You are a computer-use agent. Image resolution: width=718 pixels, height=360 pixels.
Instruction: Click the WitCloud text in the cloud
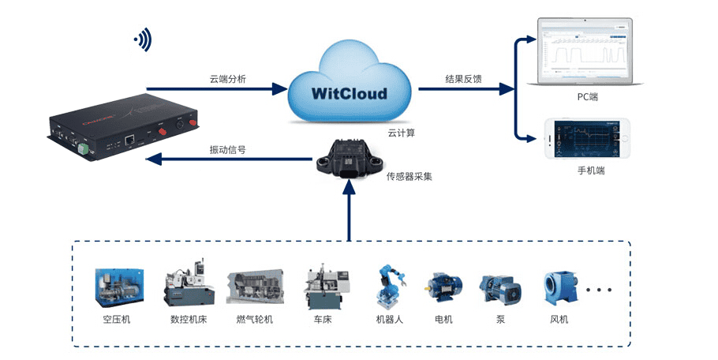point(349,94)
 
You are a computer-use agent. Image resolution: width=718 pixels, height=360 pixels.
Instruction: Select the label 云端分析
point(227,78)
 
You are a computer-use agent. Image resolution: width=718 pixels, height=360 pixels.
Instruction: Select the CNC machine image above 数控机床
point(188,283)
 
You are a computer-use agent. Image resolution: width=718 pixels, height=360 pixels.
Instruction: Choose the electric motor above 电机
point(443,288)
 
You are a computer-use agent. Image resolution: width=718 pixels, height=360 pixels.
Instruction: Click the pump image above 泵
point(499,289)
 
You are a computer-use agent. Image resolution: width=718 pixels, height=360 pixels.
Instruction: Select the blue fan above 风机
point(559,289)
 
